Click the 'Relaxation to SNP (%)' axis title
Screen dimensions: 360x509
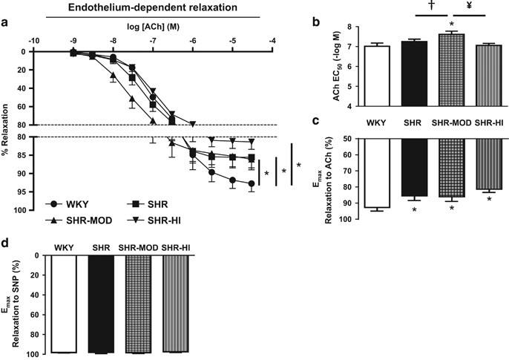pos(16,298)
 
